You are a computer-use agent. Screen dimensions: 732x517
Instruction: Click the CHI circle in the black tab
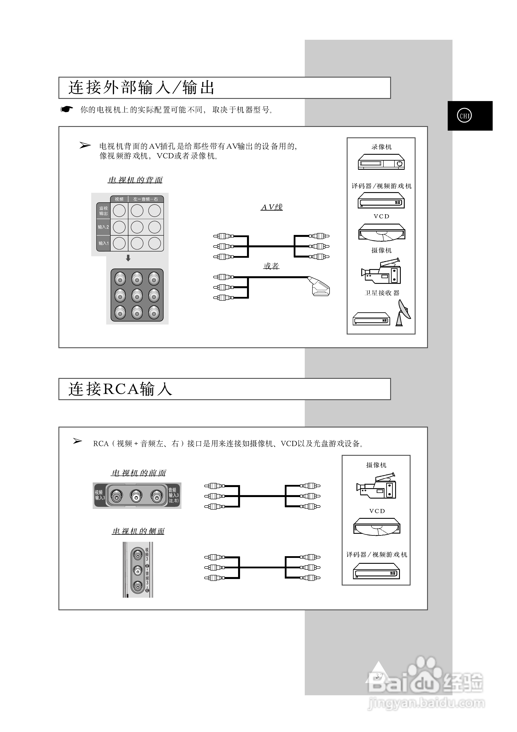pyautogui.click(x=464, y=116)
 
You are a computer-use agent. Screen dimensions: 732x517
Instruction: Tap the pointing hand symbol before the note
pyautogui.click(x=67, y=110)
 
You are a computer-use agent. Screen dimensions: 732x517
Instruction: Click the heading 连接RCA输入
pyautogui.click(x=121, y=389)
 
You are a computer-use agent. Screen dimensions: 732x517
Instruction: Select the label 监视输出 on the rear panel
pyautogui.click(x=103, y=211)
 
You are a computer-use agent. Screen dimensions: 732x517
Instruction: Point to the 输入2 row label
pyautogui.click(x=103, y=227)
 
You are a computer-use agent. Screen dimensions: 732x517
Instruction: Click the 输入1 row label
pyautogui.click(x=103, y=243)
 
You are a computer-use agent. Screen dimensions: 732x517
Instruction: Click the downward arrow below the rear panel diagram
pyautogui.click(x=128, y=258)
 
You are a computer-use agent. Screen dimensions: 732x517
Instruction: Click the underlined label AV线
pyautogui.click(x=272, y=207)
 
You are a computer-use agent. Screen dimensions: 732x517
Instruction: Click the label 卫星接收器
pyautogui.click(x=381, y=293)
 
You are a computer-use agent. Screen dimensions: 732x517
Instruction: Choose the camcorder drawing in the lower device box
pyautogui.click(x=376, y=486)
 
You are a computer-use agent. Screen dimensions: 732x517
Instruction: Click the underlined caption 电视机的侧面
pyautogui.click(x=138, y=531)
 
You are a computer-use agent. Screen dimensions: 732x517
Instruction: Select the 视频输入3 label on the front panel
pyautogui.click(x=100, y=495)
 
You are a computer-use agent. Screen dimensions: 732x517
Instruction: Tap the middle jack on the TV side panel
pyautogui.click(x=138, y=570)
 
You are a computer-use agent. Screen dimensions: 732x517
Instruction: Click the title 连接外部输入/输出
pyautogui.click(x=141, y=88)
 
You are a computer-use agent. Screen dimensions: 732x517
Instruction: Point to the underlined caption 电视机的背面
pyautogui.click(x=135, y=180)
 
